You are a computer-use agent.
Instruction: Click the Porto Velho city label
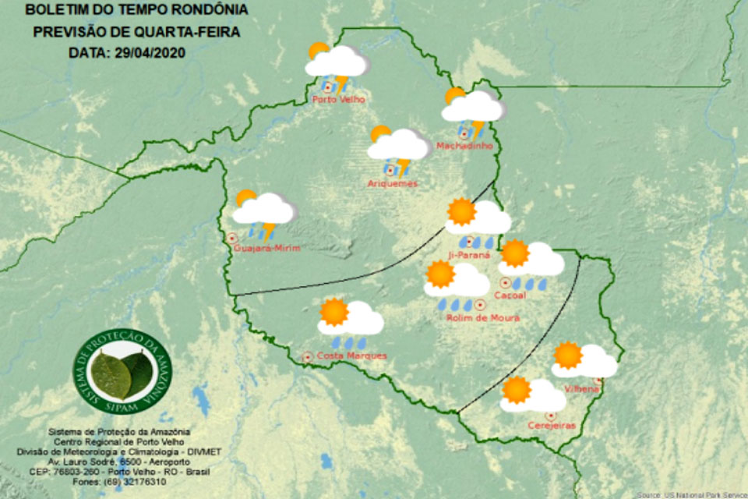(x=338, y=100)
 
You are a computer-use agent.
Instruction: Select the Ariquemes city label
(x=393, y=184)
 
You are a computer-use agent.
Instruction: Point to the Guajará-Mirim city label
(x=266, y=249)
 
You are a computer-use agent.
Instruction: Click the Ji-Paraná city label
(x=471, y=255)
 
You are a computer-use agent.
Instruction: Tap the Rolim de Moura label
(x=483, y=318)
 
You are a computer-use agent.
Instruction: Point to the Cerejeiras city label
(x=551, y=426)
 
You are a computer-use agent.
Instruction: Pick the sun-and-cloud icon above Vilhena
(x=584, y=359)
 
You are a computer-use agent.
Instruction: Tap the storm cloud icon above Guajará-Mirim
(x=264, y=211)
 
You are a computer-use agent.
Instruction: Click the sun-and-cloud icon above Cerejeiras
(x=532, y=395)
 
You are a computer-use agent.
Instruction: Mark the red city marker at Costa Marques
(x=307, y=357)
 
